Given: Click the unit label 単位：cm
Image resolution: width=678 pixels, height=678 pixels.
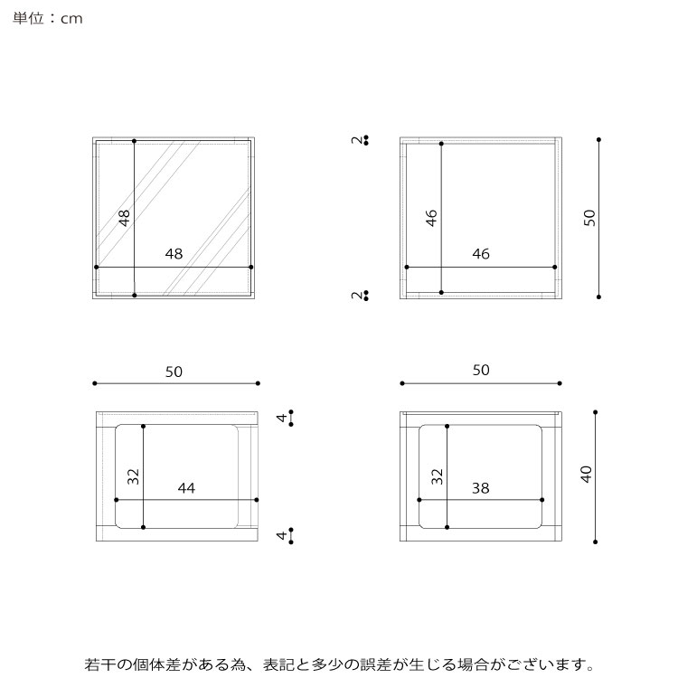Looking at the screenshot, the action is (x=48, y=18).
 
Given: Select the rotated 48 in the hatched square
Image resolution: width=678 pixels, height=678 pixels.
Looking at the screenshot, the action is (x=124, y=218).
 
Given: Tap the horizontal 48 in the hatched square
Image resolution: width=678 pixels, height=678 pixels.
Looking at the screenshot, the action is (x=174, y=254).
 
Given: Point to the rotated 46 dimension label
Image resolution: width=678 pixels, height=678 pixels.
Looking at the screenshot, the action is (x=431, y=218).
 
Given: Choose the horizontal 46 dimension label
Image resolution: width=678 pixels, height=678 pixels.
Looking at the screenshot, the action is (x=481, y=254).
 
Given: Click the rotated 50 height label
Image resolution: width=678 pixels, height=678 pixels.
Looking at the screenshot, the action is (x=589, y=218).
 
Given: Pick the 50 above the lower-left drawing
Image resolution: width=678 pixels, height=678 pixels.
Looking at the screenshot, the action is (x=174, y=372).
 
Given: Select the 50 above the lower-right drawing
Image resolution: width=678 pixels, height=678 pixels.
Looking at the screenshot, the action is (x=481, y=370).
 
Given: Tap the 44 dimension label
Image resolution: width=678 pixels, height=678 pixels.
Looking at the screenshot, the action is (x=186, y=488).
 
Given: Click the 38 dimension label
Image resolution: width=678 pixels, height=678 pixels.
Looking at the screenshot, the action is (x=480, y=488).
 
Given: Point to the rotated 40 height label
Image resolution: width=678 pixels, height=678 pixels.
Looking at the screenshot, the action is (x=586, y=475).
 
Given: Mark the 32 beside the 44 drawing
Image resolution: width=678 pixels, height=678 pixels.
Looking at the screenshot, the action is (x=133, y=476).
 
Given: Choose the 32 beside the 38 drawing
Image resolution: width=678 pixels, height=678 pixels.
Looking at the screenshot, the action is (x=438, y=476).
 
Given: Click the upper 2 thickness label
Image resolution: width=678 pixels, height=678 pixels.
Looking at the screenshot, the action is (x=357, y=139).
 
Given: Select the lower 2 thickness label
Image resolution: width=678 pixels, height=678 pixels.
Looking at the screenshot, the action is (x=357, y=296).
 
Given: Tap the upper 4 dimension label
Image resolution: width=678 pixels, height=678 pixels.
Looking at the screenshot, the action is (x=282, y=418).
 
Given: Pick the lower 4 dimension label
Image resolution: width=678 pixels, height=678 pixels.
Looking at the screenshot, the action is (x=282, y=535).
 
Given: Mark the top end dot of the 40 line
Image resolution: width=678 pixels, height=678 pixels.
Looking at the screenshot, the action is (x=596, y=412).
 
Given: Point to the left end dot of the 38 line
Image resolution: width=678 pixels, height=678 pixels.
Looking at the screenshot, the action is (x=419, y=500).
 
